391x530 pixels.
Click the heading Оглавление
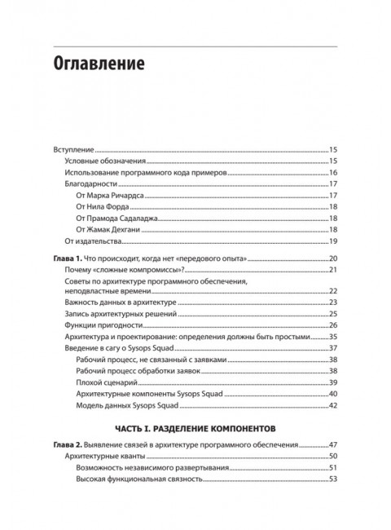point(99,63)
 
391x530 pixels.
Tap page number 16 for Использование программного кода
point(333,173)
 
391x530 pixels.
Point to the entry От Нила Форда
point(103,207)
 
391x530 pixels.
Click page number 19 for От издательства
point(333,241)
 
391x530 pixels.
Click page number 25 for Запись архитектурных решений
point(333,314)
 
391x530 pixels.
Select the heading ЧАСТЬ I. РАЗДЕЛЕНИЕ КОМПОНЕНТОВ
point(195,426)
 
